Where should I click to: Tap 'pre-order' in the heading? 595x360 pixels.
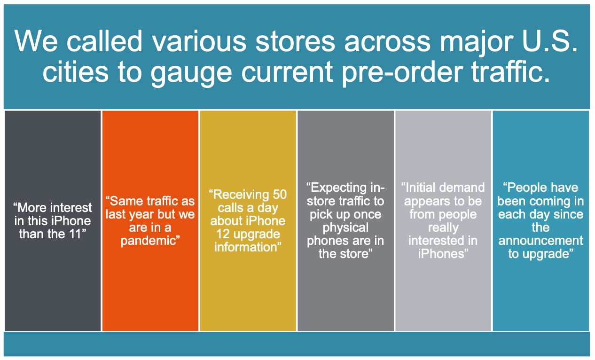click(x=402, y=73)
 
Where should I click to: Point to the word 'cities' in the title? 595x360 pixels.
click(x=76, y=70)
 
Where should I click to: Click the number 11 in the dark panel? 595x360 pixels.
click(x=74, y=234)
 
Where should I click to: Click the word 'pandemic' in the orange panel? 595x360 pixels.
click(x=148, y=241)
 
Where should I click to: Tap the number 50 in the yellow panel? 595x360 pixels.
click(x=280, y=195)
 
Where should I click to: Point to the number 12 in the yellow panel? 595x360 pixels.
click(x=223, y=234)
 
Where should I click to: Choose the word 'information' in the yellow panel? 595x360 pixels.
click(x=246, y=247)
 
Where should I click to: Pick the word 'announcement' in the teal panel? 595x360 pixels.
click(x=540, y=241)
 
